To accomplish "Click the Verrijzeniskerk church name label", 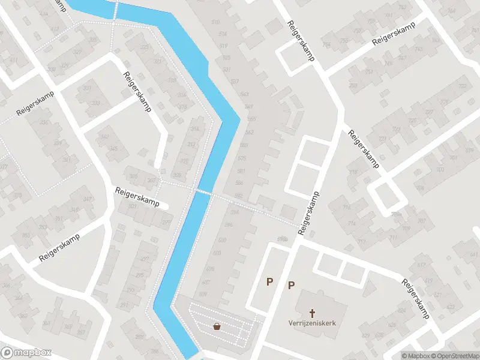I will pos(311,323).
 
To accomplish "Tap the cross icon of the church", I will pos(312,313).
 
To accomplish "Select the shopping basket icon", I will pos(216,326).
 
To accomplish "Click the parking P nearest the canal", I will pos(270,281).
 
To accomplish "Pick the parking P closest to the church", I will pos(292,285).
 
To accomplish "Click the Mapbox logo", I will pos(26,353).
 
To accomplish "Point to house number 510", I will pos(215,23).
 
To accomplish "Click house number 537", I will pos(235,81).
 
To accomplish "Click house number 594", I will pos(235,212).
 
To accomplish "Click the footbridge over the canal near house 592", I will pos(203,191).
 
